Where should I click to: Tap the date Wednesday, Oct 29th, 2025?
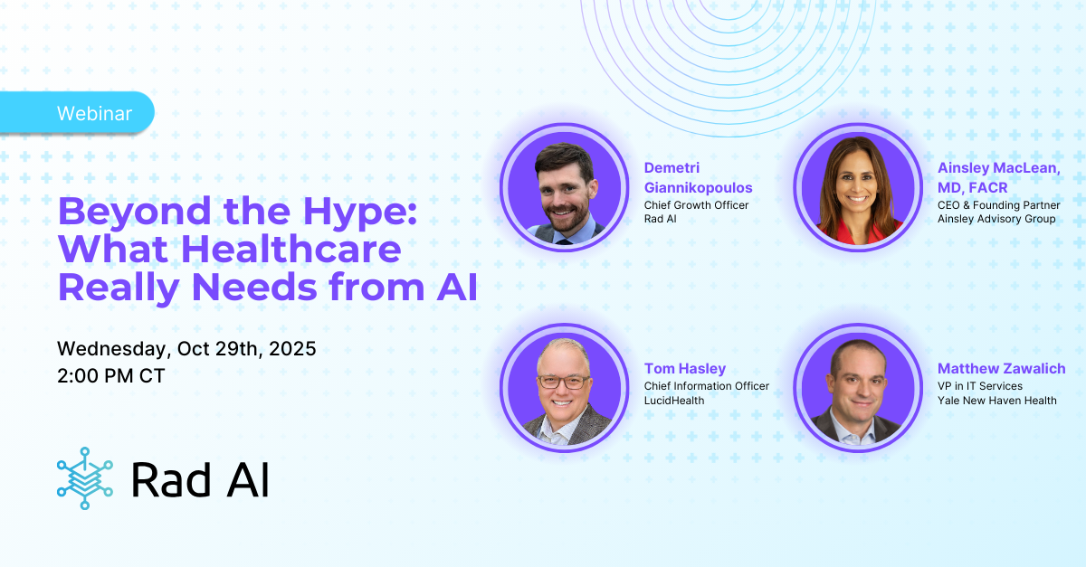coord(186,349)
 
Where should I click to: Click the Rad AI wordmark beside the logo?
coord(199,479)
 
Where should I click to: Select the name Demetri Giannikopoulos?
coord(698,177)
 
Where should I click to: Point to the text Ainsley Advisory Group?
coord(996,219)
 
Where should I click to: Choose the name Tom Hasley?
coord(685,368)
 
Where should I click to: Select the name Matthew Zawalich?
coord(1001,368)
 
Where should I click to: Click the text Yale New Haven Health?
coord(996,401)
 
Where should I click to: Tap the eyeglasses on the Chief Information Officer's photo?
coord(563,382)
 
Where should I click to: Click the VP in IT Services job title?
coord(980,386)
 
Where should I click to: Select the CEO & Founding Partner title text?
coord(998,205)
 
